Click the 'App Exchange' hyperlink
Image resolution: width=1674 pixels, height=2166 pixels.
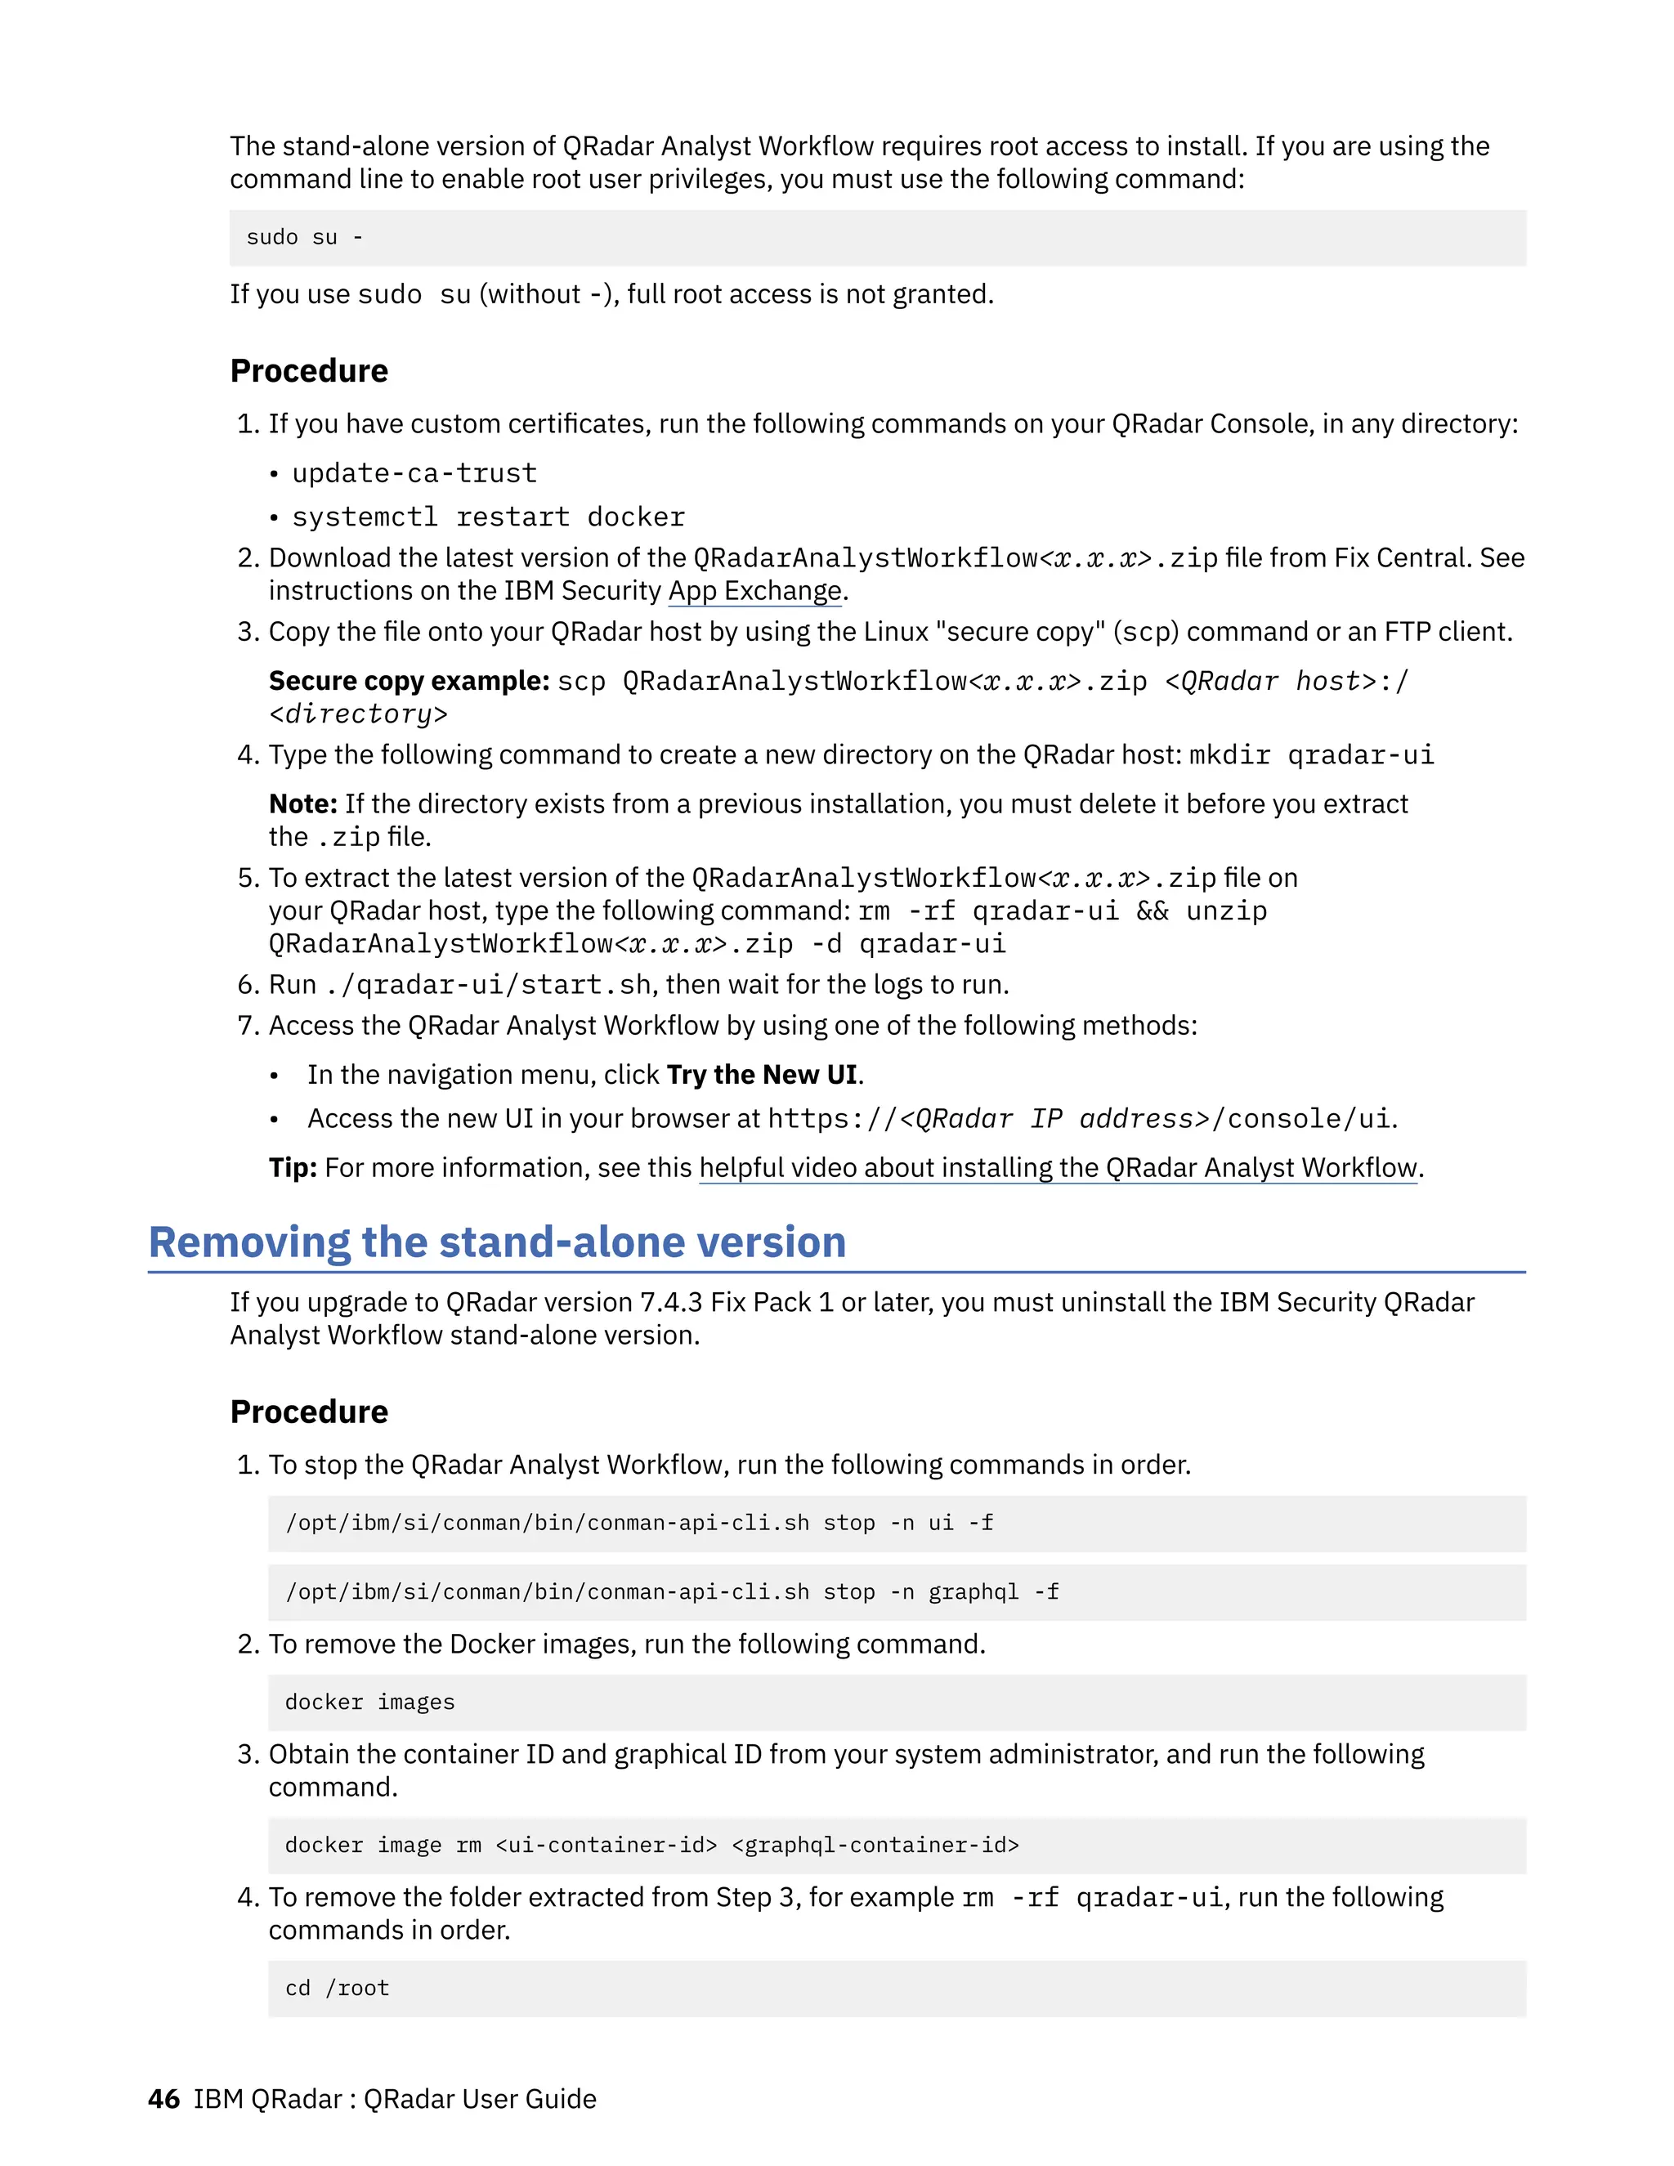(754, 591)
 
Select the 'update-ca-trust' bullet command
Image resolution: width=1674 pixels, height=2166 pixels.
(414, 474)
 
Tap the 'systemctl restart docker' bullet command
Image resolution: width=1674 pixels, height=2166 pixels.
(488, 517)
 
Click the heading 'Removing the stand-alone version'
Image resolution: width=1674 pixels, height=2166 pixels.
(497, 1242)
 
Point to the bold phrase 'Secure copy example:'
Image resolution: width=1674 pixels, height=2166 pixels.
(409, 682)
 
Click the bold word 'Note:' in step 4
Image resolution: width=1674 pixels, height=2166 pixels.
(302, 804)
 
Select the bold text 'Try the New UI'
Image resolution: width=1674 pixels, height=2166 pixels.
(762, 1075)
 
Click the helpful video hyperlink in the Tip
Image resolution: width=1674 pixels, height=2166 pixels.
(1059, 1168)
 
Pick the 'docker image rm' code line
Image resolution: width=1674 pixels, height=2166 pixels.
(651, 1846)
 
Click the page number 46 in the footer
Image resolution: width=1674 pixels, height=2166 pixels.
(163, 2100)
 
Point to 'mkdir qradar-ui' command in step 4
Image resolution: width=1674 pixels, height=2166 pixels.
(1311, 756)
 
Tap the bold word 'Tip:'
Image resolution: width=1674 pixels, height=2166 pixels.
(293, 1168)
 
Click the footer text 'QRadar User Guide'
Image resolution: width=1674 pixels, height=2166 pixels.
(480, 2100)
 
